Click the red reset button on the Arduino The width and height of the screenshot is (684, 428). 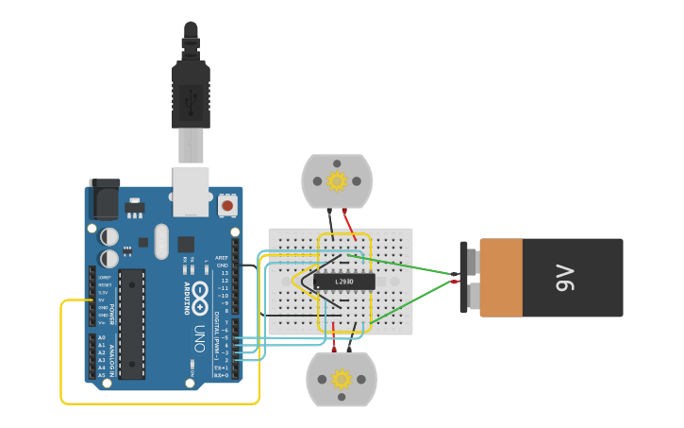tap(227, 204)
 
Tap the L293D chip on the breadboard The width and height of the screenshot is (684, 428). tap(344, 282)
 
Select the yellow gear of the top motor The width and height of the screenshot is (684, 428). tap(337, 180)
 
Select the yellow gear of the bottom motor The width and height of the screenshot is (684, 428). tap(342, 379)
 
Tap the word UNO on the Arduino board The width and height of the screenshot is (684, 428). tap(199, 338)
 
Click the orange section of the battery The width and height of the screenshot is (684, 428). tap(501, 278)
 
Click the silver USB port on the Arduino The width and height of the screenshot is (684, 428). tap(191, 191)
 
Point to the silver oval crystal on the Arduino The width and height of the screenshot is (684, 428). tap(161, 242)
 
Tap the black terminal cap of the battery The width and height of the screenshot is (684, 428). tap(464, 278)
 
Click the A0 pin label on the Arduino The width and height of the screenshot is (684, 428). tap(101, 338)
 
